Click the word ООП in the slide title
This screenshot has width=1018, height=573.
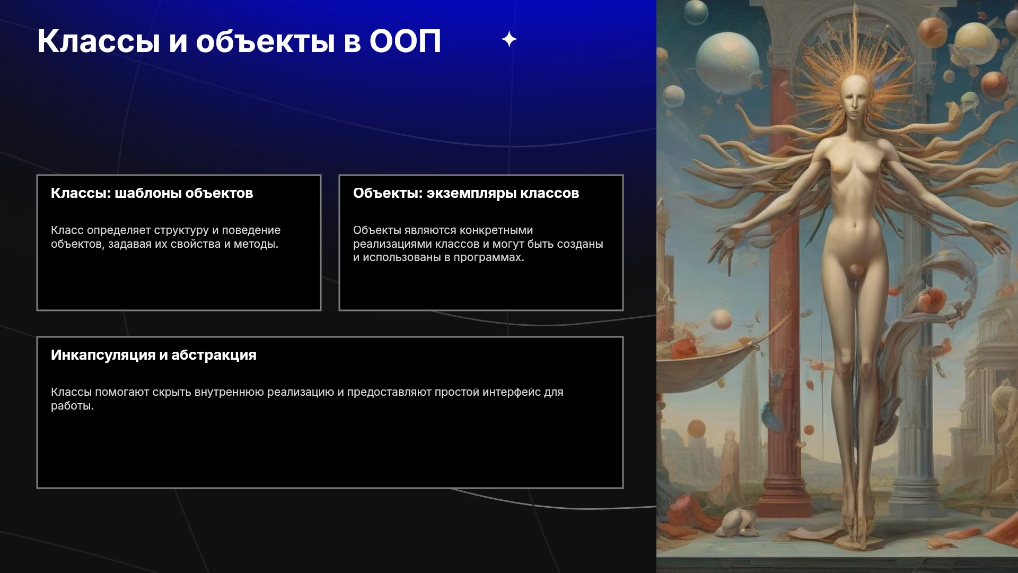(x=405, y=41)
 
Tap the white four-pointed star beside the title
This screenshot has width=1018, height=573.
(x=509, y=39)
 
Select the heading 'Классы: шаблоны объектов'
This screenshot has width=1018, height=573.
(x=152, y=193)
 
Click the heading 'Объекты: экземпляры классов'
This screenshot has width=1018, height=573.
(x=466, y=193)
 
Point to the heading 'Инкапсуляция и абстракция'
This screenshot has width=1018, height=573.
(x=154, y=355)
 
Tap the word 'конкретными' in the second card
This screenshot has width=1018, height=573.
(x=500, y=230)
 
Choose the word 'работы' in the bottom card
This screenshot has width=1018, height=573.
(x=72, y=406)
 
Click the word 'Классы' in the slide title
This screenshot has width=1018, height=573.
(x=99, y=41)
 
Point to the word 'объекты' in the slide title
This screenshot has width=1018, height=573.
(x=266, y=41)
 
